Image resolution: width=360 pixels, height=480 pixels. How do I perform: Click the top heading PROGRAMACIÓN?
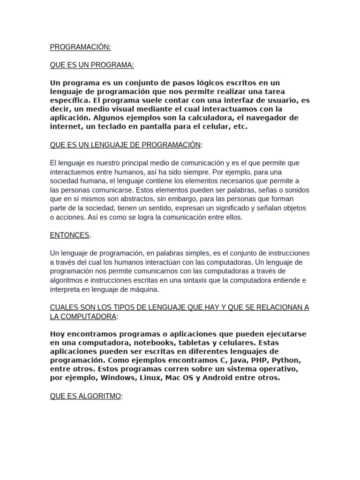(80, 47)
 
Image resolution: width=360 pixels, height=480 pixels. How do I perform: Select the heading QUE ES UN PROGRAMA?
(92, 65)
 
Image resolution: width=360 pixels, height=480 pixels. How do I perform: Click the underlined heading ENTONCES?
(70, 235)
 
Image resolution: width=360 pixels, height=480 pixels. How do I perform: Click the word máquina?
(144, 289)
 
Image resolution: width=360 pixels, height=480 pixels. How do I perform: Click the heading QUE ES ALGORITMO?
(85, 396)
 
